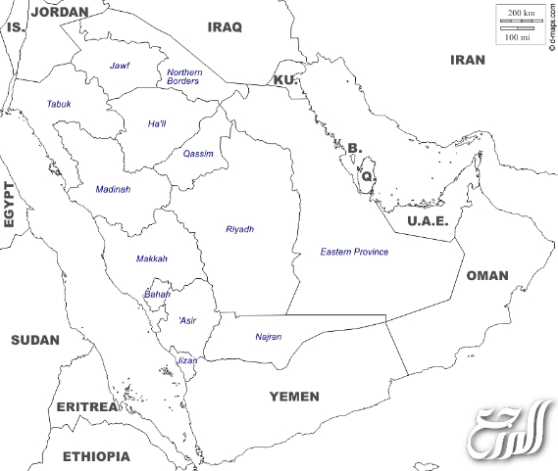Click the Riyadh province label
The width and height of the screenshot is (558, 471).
(239, 229)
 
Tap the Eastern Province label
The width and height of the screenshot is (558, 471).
(354, 252)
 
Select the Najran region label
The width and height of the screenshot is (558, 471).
(268, 337)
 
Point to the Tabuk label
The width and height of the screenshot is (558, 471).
(59, 104)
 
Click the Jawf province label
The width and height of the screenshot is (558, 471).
(120, 66)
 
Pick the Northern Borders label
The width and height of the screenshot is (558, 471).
(183, 76)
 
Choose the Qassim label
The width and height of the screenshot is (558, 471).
(197, 154)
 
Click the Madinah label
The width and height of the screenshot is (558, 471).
(113, 189)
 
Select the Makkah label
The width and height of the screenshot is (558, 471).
(151, 259)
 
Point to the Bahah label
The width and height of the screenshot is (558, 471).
(157, 294)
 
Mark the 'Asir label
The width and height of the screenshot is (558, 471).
(186, 320)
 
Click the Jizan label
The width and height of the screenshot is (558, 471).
(186, 360)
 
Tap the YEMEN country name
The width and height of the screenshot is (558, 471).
(294, 397)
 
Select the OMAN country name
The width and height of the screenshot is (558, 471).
(486, 275)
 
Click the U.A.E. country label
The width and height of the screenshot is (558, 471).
(428, 221)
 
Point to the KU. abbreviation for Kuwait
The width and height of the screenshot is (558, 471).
(284, 79)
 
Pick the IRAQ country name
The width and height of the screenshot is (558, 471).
(224, 26)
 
